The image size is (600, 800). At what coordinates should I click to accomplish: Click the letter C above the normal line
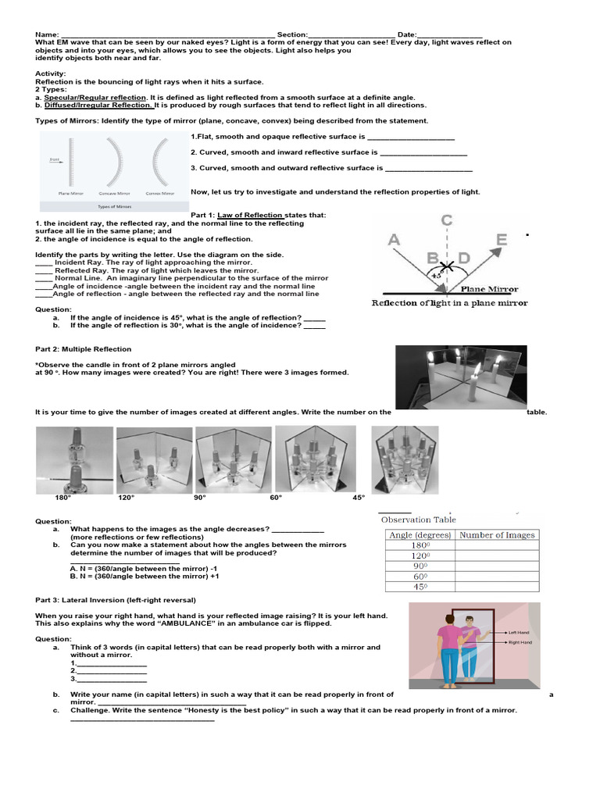[x=446, y=221]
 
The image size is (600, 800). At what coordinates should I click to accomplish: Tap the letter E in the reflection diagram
[x=501, y=240]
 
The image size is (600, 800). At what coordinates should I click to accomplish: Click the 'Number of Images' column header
[x=497, y=535]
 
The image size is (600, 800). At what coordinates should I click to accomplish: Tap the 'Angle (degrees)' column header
[x=420, y=535]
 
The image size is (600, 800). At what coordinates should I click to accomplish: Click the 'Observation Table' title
[x=418, y=520]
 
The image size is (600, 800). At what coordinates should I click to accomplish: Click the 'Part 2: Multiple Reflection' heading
[x=84, y=349]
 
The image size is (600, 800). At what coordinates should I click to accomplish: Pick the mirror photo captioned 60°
[x=315, y=459]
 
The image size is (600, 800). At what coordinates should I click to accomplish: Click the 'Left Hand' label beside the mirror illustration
[x=518, y=632]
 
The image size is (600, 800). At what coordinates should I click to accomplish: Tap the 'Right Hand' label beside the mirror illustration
[x=520, y=642]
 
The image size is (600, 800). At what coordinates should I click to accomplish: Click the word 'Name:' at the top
[x=47, y=35]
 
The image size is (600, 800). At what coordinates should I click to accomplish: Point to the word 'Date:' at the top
[x=407, y=35]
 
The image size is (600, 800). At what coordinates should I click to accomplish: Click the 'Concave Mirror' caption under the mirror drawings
[x=116, y=192]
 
